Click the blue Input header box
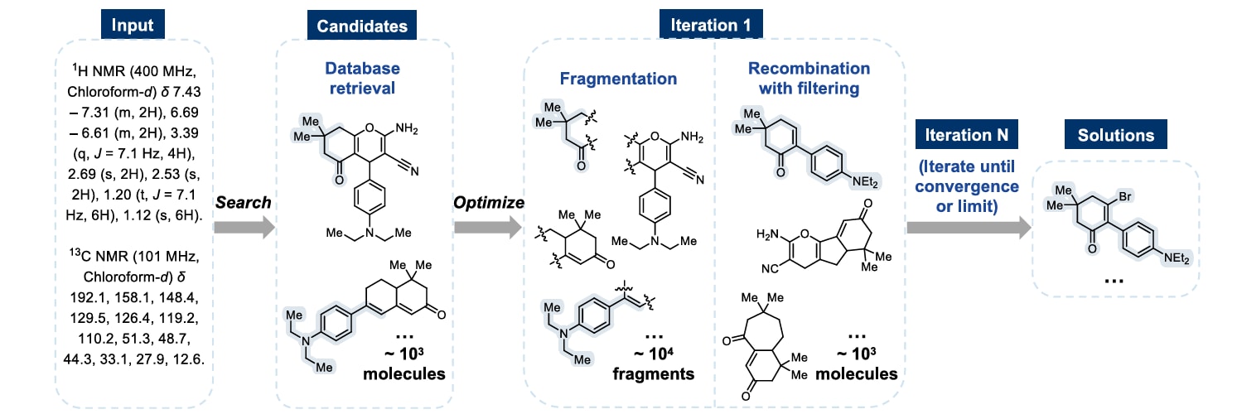(133, 24)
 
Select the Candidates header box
(362, 26)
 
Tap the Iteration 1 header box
(711, 24)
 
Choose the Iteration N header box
(966, 135)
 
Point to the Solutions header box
(1115, 135)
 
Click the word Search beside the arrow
(243, 202)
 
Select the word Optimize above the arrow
(489, 202)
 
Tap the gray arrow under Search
(244, 227)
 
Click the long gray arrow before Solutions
(969, 227)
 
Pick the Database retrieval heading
(362, 78)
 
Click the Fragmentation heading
(618, 79)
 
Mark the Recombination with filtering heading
(809, 78)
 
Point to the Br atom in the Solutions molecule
(1125, 196)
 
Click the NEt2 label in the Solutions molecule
(1177, 258)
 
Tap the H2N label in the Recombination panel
(767, 234)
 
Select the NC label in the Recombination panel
(770, 268)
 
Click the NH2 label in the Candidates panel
(407, 128)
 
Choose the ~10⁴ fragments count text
(653, 363)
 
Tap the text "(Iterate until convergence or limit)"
(966, 186)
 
